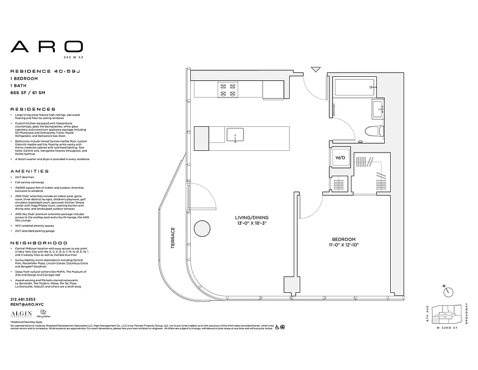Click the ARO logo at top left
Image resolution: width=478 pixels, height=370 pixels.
coord(47,46)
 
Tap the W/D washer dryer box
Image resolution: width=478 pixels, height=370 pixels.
coord(340,158)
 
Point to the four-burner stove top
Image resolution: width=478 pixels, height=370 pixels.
coord(227,89)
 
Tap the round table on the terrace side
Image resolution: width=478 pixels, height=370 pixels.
coord(201,229)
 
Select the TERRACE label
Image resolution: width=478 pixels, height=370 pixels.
coord(173,238)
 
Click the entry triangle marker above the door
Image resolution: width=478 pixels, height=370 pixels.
coord(315,69)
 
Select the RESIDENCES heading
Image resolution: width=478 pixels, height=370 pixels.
coord(33,109)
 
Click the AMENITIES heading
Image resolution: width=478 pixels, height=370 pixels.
coord(29,171)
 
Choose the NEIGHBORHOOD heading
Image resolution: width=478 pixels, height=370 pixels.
coord(38,243)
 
